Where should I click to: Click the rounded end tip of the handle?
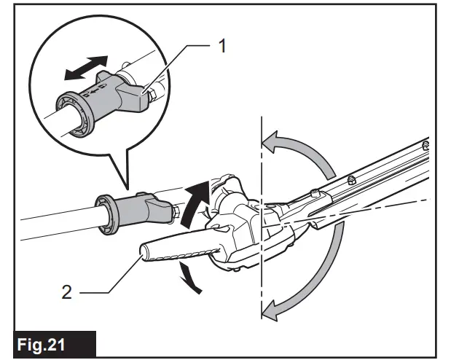pos(142,253)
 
